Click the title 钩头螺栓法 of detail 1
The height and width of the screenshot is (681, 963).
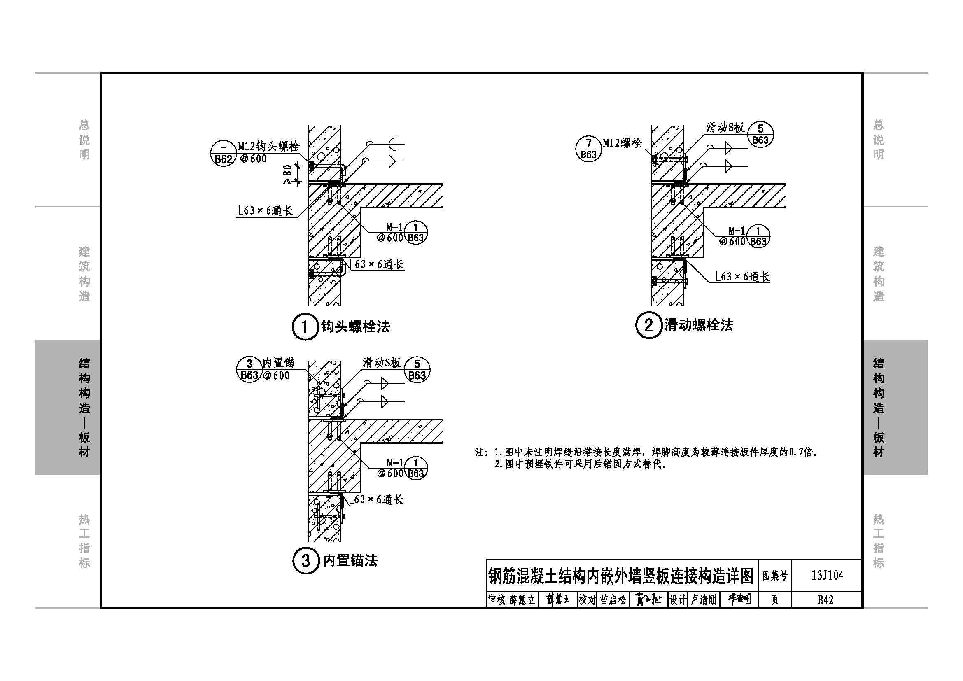[x=355, y=326]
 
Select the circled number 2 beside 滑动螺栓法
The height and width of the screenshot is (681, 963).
[x=648, y=325]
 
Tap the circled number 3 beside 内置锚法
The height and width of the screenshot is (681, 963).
[x=305, y=561]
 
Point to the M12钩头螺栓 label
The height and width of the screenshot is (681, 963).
[x=269, y=146]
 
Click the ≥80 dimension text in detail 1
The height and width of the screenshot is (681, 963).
[x=287, y=174]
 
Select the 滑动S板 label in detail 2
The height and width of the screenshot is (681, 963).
[x=725, y=128]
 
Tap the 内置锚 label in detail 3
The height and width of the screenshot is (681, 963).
[x=278, y=363]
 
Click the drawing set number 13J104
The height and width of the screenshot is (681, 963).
[x=827, y=575]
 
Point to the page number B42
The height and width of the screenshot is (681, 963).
[x=825, y=599]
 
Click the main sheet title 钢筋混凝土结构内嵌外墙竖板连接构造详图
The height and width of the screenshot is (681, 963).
[x=621, y=576]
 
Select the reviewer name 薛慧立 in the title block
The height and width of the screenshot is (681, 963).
[x=522, y=600]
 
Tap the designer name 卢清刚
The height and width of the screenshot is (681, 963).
[x=703, y=600]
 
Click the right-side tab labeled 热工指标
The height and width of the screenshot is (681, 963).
[x=878, y=541]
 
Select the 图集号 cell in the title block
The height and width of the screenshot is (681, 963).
[x=775, y=575]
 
